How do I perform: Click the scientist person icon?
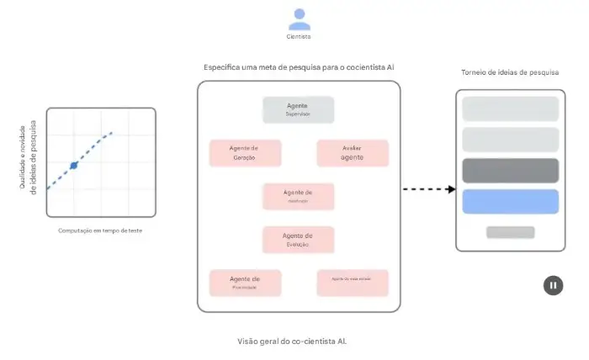(299, 19)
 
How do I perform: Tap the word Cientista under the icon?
(299, 36)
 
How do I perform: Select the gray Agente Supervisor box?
(298, 110)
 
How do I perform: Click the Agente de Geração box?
(244, 153)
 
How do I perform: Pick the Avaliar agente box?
(353, 153)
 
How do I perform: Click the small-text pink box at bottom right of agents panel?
(353, 282)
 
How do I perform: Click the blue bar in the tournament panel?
(510, 202)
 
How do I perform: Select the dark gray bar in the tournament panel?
(510, 171)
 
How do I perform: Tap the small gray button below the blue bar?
(510, 232)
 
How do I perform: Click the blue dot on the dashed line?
(73, 166)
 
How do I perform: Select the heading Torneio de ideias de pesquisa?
(510, 73)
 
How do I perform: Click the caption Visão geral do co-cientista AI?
(293, 341)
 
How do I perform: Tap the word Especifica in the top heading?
(222, 66)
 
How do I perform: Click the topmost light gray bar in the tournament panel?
(510, 109)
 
